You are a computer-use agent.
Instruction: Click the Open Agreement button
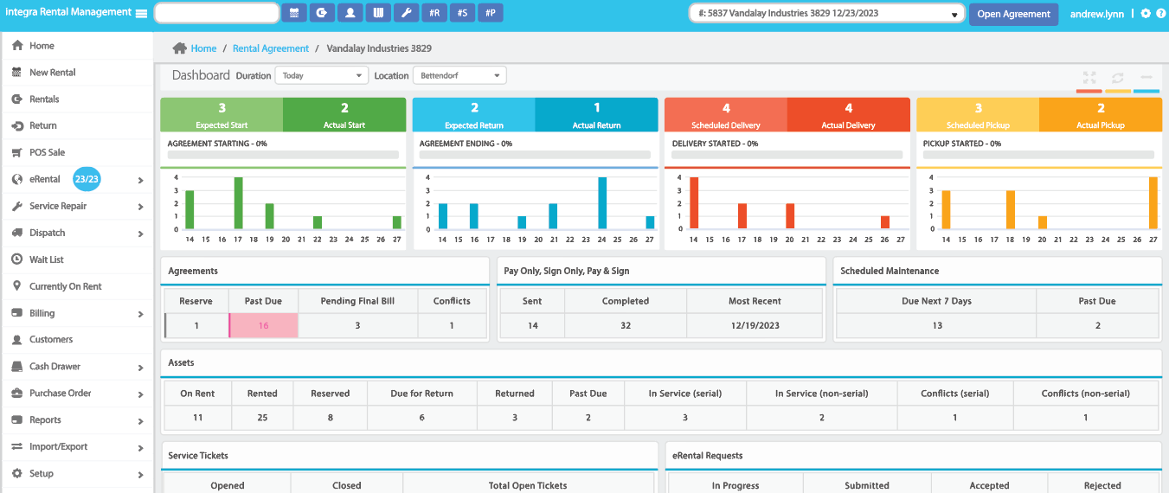[1013, 14]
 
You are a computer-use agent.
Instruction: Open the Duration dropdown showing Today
[321, 75]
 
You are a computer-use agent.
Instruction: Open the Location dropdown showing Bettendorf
[459, 75]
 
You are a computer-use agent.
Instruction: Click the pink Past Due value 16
[263, 325]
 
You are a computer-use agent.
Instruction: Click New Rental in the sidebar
[52, 73]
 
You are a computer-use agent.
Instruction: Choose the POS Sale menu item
[47, 152]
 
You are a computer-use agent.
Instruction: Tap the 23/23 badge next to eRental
[87, 179]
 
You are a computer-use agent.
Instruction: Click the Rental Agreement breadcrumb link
[270, 48]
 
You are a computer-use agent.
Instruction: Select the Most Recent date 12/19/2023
[755, 325]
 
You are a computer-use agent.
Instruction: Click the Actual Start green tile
[344, 114]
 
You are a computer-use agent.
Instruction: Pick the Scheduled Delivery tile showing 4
[725, 114]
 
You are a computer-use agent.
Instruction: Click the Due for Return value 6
[421, 417]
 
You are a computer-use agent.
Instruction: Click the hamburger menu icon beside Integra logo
[141, 13]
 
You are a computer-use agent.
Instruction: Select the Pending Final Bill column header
[357, 301]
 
